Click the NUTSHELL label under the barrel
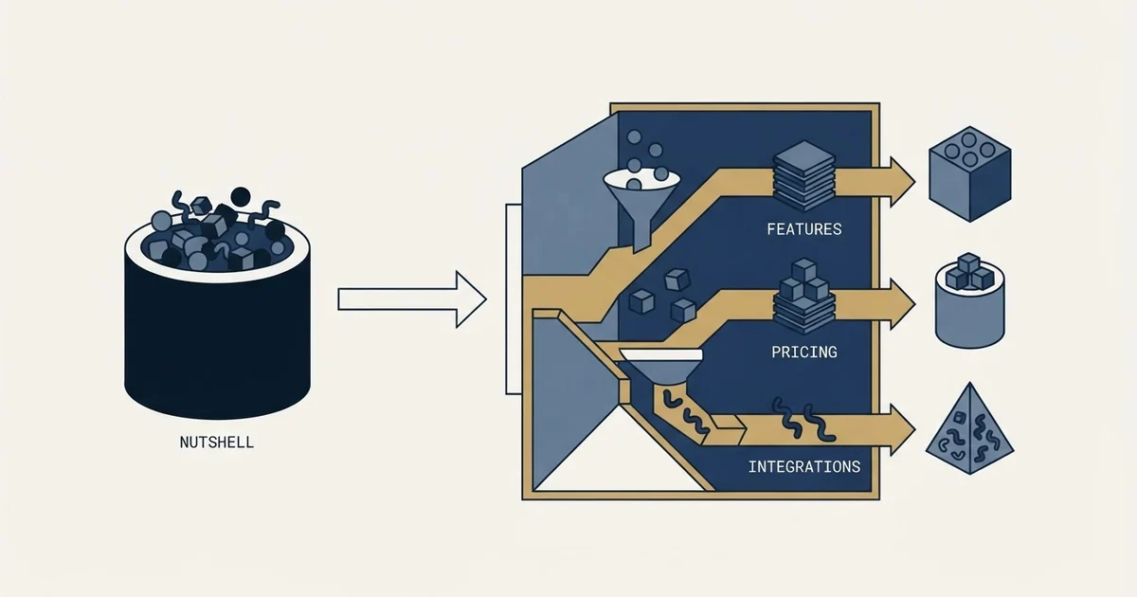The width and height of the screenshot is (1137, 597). point(217,443)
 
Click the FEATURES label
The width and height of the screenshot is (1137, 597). point(804,229)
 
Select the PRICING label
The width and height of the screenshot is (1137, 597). point(804,352)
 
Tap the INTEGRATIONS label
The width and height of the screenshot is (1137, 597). point(804,466)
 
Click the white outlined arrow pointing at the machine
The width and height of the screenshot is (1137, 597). point(412,299)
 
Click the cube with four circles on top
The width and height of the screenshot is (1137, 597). point(969,173)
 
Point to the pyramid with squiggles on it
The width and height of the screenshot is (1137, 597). point(969,431)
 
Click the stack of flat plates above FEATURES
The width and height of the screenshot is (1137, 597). point(803,176)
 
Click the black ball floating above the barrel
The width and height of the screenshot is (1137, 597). point(241,197)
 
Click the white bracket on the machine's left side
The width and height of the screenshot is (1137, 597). point(514,299)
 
